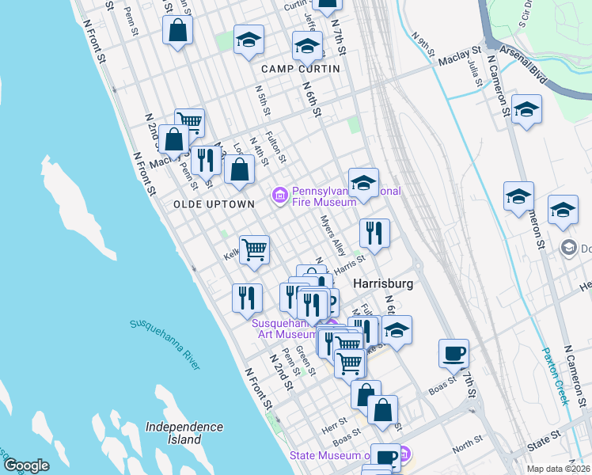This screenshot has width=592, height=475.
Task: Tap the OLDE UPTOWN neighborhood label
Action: [x=214, y=203]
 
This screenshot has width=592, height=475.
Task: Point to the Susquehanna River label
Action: [x=165, y=347]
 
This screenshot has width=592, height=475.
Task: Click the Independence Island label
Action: [x=184, y=432]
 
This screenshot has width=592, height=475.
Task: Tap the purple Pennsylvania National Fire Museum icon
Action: [x=279, y=195]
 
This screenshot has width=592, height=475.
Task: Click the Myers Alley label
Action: [x=332, y=236]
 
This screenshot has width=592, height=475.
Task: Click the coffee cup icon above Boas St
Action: [x=454, y=352]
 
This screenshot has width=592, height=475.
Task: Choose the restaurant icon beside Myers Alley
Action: [x=374, y=233]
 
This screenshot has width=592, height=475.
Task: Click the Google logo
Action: [x=26, y=465]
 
